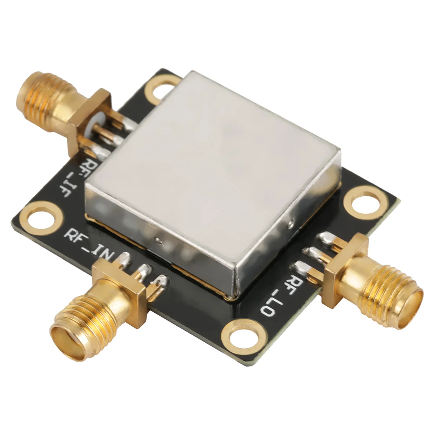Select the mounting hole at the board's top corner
tap(160, 91)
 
